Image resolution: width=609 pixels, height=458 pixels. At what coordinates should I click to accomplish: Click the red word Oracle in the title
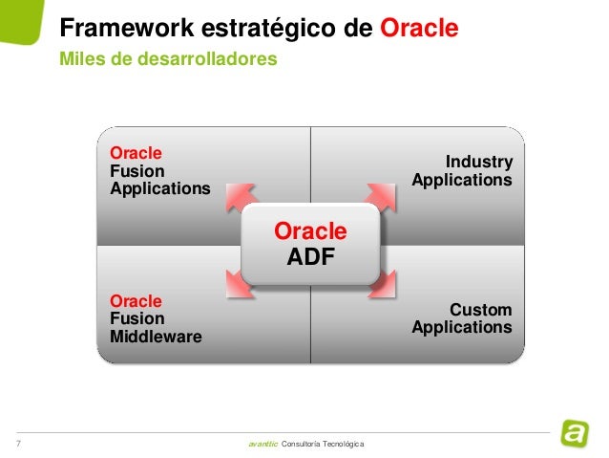pyautogui.click(x=420, y=29)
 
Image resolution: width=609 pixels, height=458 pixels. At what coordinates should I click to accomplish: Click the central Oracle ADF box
pyautogui.click(x=310, y=243)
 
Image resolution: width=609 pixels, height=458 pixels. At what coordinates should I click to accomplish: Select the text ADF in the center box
pyautogui.click(x=310, y=256)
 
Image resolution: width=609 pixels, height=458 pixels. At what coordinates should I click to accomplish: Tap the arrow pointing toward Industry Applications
pyautogui.click(x=379, y=196)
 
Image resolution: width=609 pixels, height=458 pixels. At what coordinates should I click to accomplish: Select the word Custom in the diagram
pyautogui.click(x=481, y=311)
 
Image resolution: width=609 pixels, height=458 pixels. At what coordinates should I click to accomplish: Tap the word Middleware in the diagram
pyautogui.click(x=156, y=336)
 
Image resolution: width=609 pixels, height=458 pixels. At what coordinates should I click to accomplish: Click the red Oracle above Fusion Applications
pyautogui.click(x=136, y=153)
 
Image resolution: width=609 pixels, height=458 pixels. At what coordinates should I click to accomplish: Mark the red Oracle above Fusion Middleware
pyautogui.click(x=136, y=301)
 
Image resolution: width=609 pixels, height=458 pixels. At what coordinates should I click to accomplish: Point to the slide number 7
pyautogui.click(x=18, y=444)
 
